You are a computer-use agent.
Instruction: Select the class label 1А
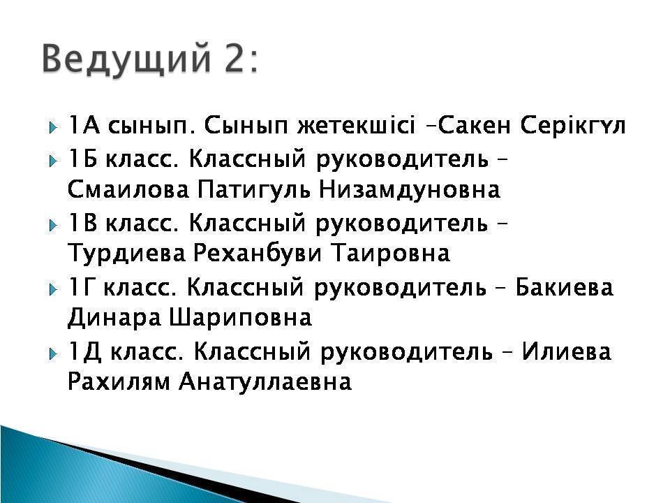pyautogui.click(x=83, y=125)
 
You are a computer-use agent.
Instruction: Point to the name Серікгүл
pyautogui.click(x=573, y=126)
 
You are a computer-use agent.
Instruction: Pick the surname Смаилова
pyautogui.click(x=128, y=189)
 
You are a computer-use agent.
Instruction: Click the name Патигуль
pyautogui.click(x=254, y=191)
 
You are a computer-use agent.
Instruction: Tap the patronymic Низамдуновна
pyautogui.click(x=410, y=191)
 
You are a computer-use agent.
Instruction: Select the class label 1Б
pyautogui.click(x=82, y=159)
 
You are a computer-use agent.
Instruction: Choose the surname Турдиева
pyautogui.click(x=127, y=254)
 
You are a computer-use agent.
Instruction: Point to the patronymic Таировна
pyautogui.click(x=391, y=253)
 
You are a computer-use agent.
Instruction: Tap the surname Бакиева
pyautogui.click(x=564, y=286)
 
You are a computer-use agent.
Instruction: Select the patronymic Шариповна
pyautogui.click(x=241, y=318)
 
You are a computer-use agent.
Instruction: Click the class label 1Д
pyautogui.click(x=84, y=352)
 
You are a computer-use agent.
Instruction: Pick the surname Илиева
pyautogui.click(x=566, y=351)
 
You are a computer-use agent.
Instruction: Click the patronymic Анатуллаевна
pyautogui.click(x=265, y=382)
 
